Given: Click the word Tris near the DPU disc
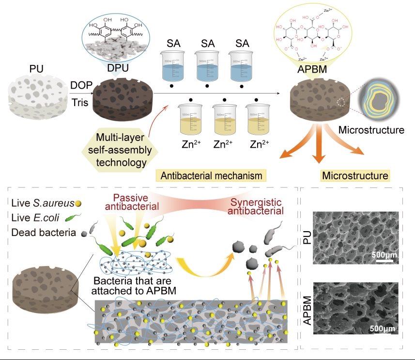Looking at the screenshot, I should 80,103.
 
